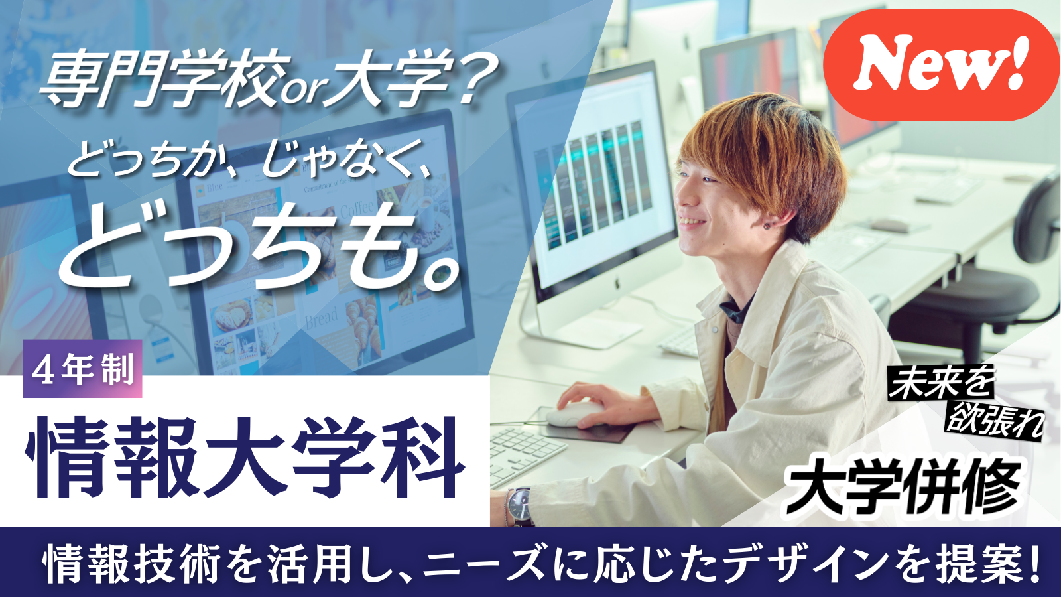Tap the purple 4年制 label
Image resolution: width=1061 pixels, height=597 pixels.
pyautogui.click(x=83, y=369)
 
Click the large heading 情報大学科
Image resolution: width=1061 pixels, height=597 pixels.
pyautogui.click(x=245, y=458)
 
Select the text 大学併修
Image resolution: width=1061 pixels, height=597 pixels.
pyautogui.click(x=903, y=487)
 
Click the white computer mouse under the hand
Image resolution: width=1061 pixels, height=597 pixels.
pyautogui.click(x=576, y=414)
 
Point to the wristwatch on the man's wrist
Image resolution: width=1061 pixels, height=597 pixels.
pyautogui.click(x=521, y=505)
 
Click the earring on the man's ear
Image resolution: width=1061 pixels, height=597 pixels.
pyautogui.click(x=767, y=226)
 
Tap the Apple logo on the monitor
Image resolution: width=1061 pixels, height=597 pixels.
pyautogui.click(x=617, y=283)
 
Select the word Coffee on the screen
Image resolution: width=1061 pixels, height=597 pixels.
pyautogui.click(x=357, y=209)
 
